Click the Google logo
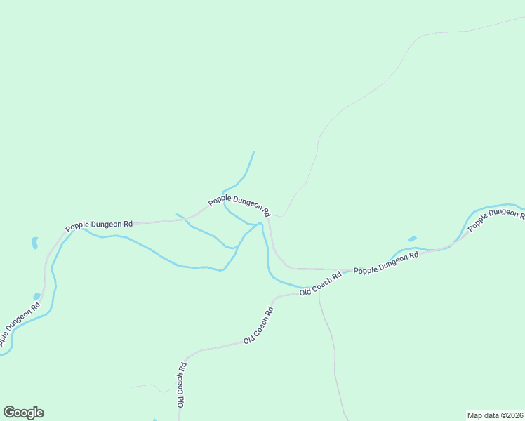(23, 413)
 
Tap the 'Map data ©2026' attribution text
(495, 415)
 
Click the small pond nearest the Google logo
(37, 297)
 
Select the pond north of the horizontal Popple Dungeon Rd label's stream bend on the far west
(34, 243)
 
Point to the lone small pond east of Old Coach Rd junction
(412, 239)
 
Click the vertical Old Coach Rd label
(181, 385)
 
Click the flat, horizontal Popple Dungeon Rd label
(99, 226)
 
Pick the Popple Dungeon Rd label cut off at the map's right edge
(496, 218)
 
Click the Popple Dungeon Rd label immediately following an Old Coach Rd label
(385, 262)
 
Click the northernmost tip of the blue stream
(253, 152)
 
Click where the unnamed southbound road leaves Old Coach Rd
(319, 292)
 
